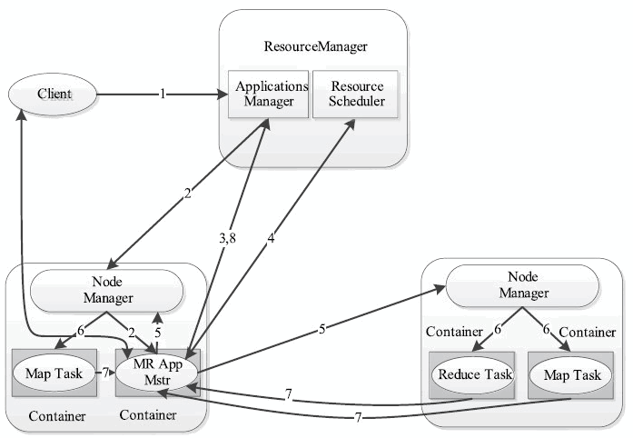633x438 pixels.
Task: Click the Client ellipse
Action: point(53,95)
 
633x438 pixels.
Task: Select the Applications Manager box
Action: point(269,95)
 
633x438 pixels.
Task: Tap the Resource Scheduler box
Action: point(356,95)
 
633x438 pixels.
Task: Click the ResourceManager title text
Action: point(316,46)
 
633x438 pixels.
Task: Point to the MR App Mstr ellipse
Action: point(157,373)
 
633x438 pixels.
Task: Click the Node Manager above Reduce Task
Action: point(523,285)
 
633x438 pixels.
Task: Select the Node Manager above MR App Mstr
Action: point(107,291)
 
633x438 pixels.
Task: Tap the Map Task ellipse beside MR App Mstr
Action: point(54,373)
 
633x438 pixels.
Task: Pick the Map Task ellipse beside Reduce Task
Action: point(571,375)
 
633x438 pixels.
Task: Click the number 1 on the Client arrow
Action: point(163,95)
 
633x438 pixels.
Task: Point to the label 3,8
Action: point(227,238)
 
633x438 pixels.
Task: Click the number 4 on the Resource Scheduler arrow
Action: point(271,238)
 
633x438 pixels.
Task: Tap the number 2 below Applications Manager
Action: point(187,194)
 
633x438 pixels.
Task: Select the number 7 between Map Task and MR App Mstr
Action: point(105,373)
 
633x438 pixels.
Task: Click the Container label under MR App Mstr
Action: point(148,415)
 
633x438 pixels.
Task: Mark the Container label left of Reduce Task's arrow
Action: point(455,332)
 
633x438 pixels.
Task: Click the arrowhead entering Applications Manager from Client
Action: point(223,95)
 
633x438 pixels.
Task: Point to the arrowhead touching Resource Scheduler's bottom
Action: point(350,124)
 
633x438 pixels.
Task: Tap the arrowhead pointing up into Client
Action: point(21,114)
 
